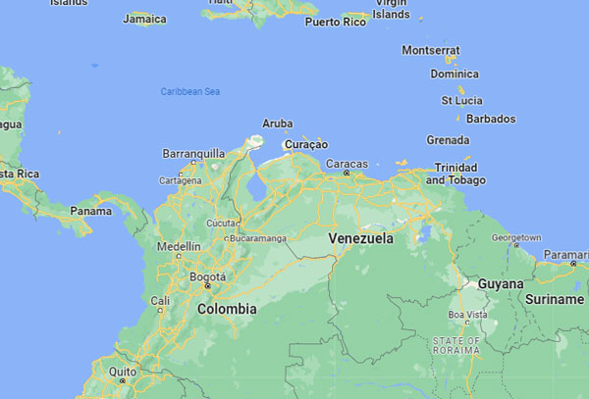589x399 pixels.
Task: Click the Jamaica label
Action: click(x=145, y=19)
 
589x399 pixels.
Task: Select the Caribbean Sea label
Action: click(x=189, y=91)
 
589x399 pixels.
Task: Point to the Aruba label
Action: click(x=277, y=124)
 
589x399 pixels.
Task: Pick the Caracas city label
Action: click(x=347, y=163)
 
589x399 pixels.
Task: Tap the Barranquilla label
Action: click(x=193, y=153)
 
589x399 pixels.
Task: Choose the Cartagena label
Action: click(x=182, y=180)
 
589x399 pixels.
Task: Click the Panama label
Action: click(x=90, y=210)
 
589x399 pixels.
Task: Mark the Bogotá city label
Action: click(x=207, y=276)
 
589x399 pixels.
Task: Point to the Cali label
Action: click(x=160, y=300)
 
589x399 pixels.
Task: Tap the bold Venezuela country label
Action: click(x=361, y=238)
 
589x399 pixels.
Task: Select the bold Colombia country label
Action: click(x=227, y=308)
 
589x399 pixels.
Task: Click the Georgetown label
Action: click(x=516, y=237)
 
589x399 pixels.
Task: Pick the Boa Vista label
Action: click(x=467, y=314)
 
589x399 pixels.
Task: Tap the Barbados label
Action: click(x=492, y=119)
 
